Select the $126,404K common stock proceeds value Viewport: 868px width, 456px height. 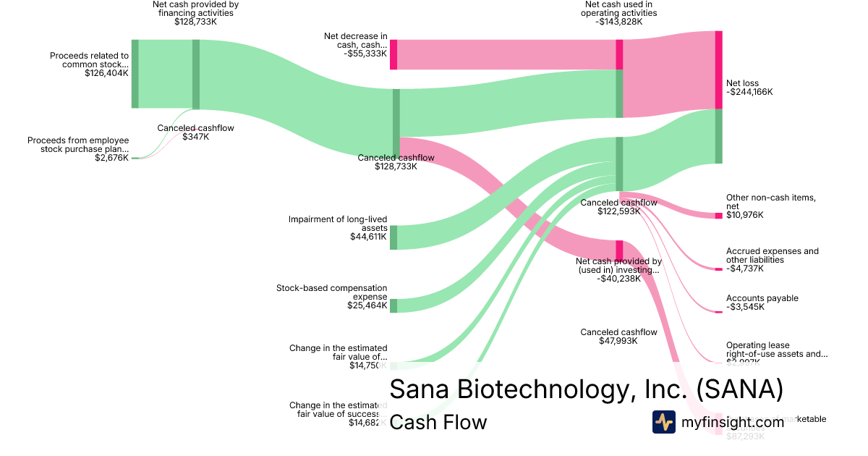[106, 73]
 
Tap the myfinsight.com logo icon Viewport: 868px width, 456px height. [663, 422]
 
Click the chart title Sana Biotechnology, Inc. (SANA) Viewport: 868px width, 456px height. [586, 389]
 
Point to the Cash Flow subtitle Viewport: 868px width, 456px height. [438, 422]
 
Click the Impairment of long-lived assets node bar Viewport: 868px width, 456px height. [393, 237]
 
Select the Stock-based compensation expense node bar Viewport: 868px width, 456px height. [393, 305]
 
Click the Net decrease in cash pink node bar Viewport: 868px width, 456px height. [393, 54]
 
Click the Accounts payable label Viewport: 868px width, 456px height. [762, 298]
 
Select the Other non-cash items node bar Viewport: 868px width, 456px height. [718, 216]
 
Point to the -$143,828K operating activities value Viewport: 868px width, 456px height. [619, 22]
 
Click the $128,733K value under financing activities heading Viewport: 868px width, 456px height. [195, 22]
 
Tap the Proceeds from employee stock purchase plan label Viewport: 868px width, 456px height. [78, 145]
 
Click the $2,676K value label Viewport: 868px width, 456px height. [111, 158]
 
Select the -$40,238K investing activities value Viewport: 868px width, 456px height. [618, 279]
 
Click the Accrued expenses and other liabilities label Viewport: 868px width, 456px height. [772, 256]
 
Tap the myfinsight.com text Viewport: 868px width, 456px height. [733, 422]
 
